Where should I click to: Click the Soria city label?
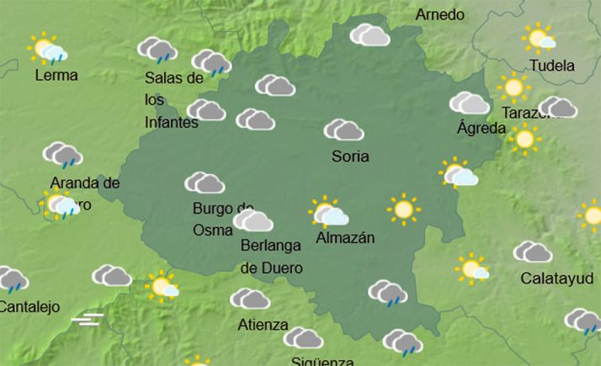(350, 156)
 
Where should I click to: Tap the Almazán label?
(345, 239)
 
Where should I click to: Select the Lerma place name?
(56, 76)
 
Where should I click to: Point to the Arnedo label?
(439, 15)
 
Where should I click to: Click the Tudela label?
(553, 66)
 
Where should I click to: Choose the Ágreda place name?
(481, 129)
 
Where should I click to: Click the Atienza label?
(263, 325)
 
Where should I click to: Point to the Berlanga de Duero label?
(272, 257)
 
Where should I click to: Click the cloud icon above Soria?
(343, 130)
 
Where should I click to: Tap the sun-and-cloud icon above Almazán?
(327, 212)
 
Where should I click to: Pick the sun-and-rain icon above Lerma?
(46, 50)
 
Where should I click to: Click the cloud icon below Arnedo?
(370, 34)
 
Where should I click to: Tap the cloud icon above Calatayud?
(532, 252)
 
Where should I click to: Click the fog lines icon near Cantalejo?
(87, 319)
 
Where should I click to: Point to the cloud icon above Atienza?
(250, 299)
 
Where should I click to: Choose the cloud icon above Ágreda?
(469, 103)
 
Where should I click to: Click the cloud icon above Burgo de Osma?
(205, 183)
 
